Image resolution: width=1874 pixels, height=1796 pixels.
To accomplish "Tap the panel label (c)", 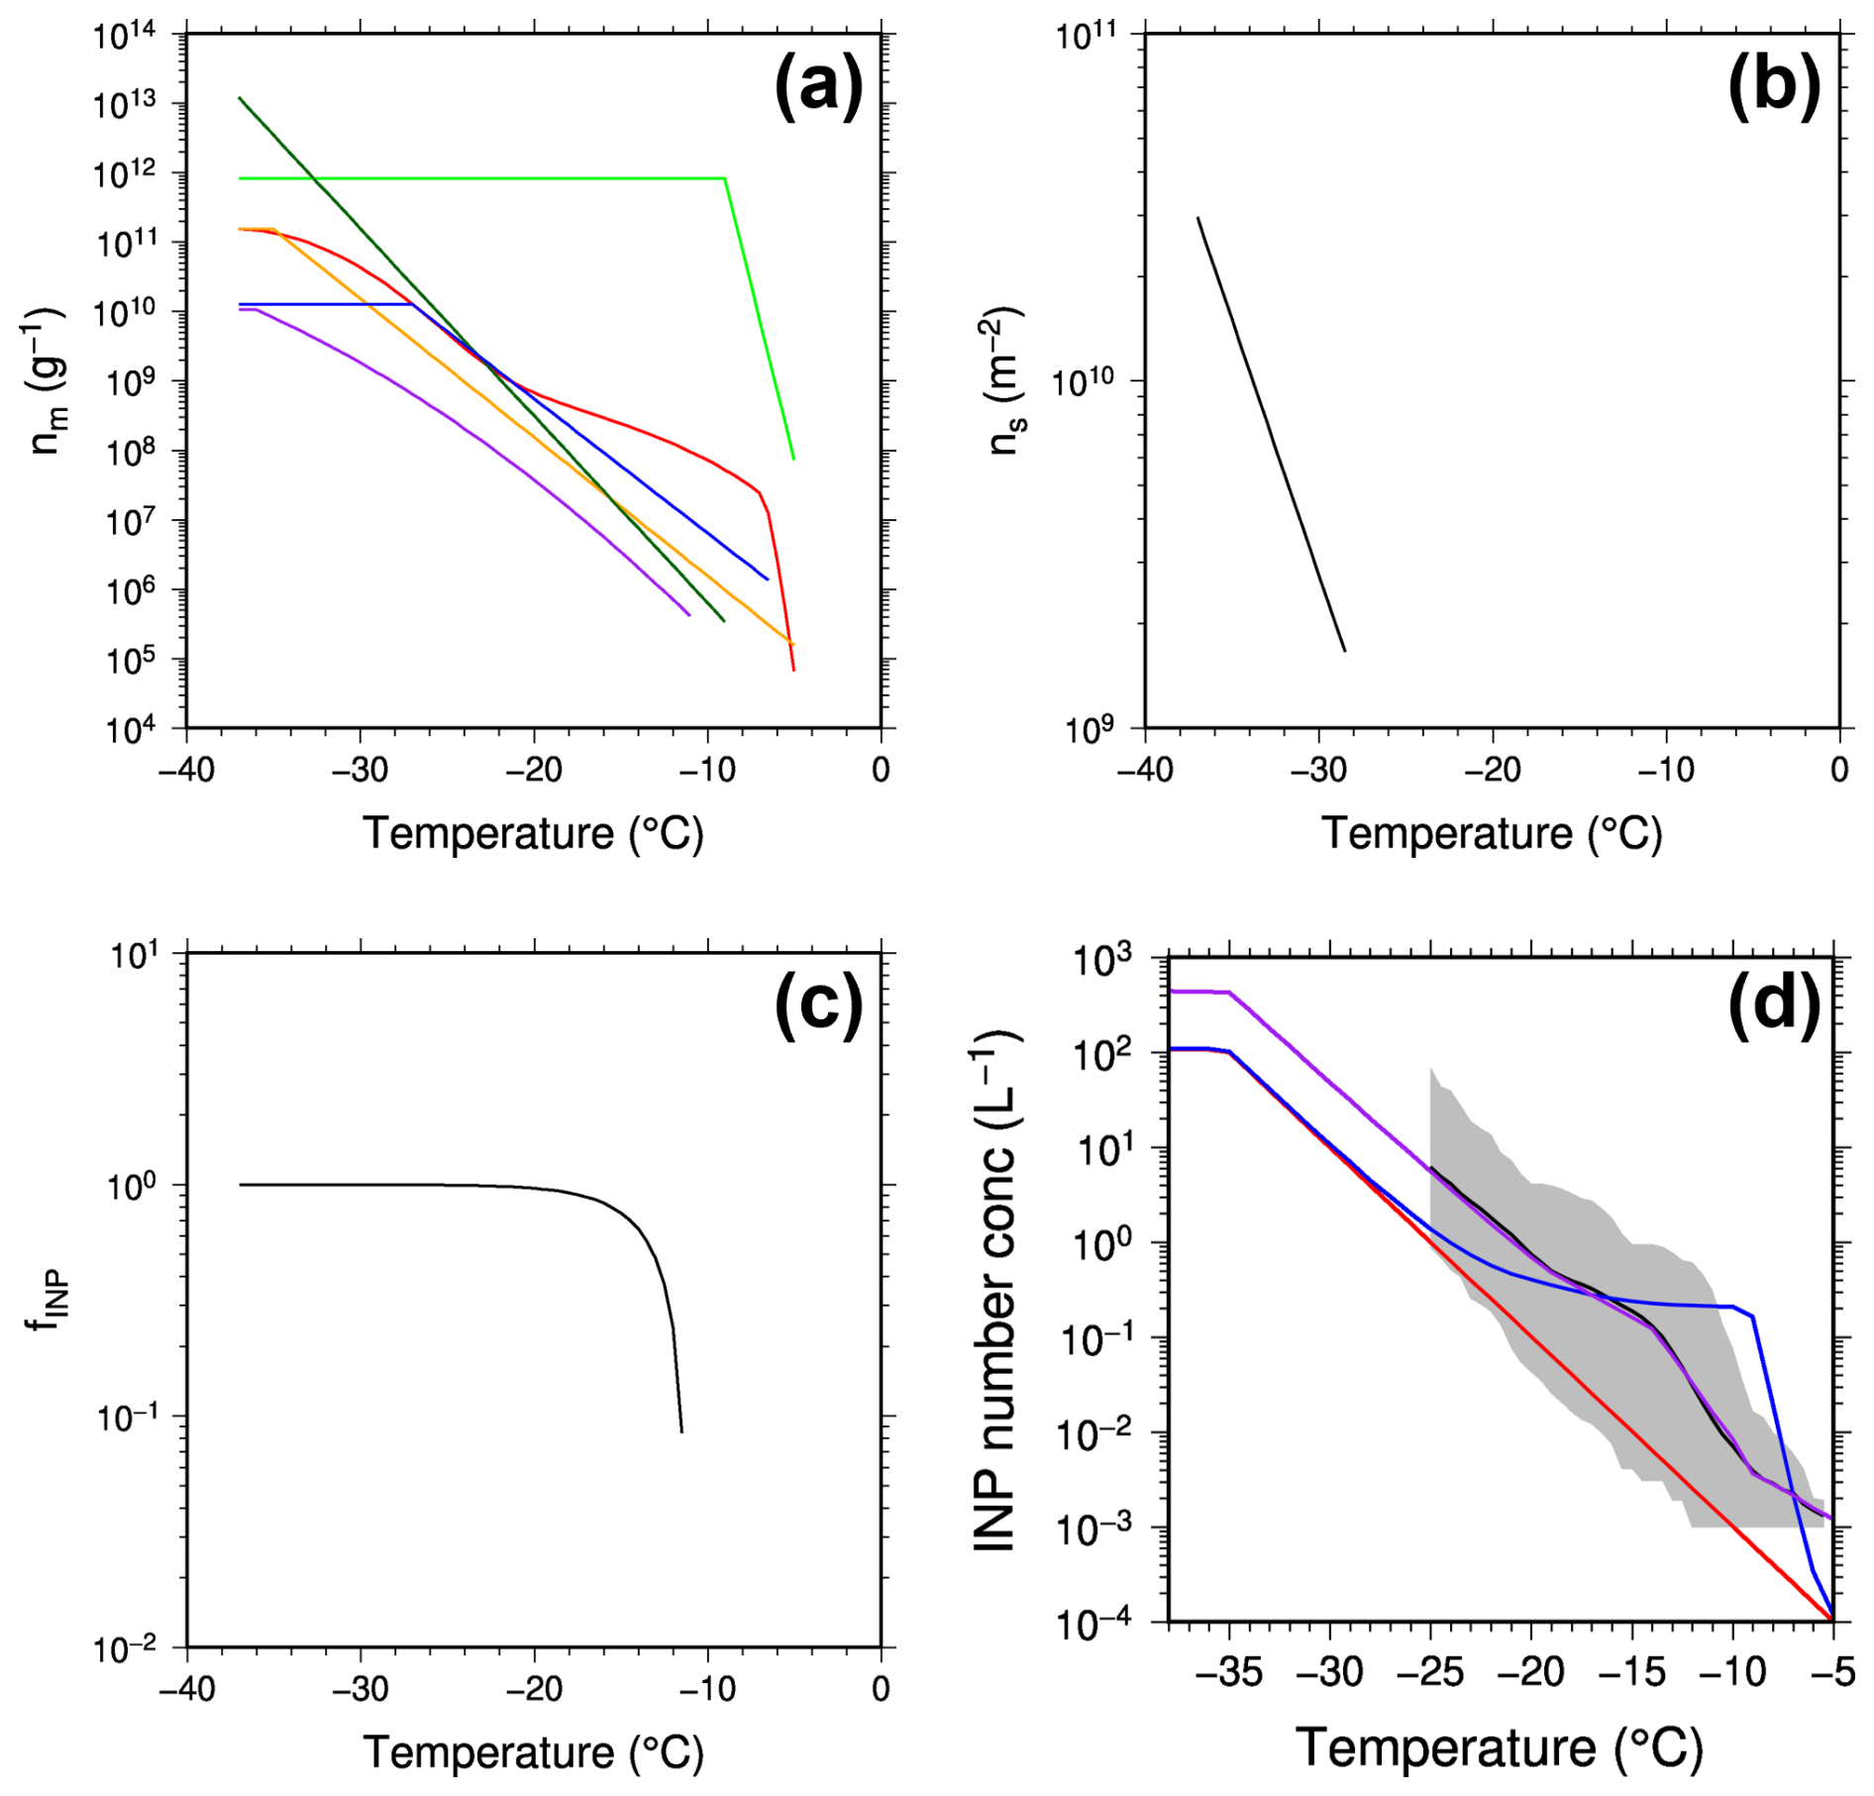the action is tap(818, 1004).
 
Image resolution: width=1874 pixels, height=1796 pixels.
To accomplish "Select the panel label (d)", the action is tap(1774, 1004).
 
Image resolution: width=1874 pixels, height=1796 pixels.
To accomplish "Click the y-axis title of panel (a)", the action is tap(47, 380).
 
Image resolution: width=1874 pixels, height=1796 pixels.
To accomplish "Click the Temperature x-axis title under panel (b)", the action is tap(1492, 833).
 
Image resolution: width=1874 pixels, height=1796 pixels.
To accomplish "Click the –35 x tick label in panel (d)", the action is tap(1229, 1673).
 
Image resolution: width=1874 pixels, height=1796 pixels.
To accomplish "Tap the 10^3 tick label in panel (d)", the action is tap(1115, 960).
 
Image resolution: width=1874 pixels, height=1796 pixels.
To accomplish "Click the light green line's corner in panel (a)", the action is tap(725, 178).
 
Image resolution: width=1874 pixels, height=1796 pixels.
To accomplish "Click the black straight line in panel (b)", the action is tap(1271, 434).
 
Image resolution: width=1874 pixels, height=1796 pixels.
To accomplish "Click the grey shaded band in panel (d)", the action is tap(1585, 1288).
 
